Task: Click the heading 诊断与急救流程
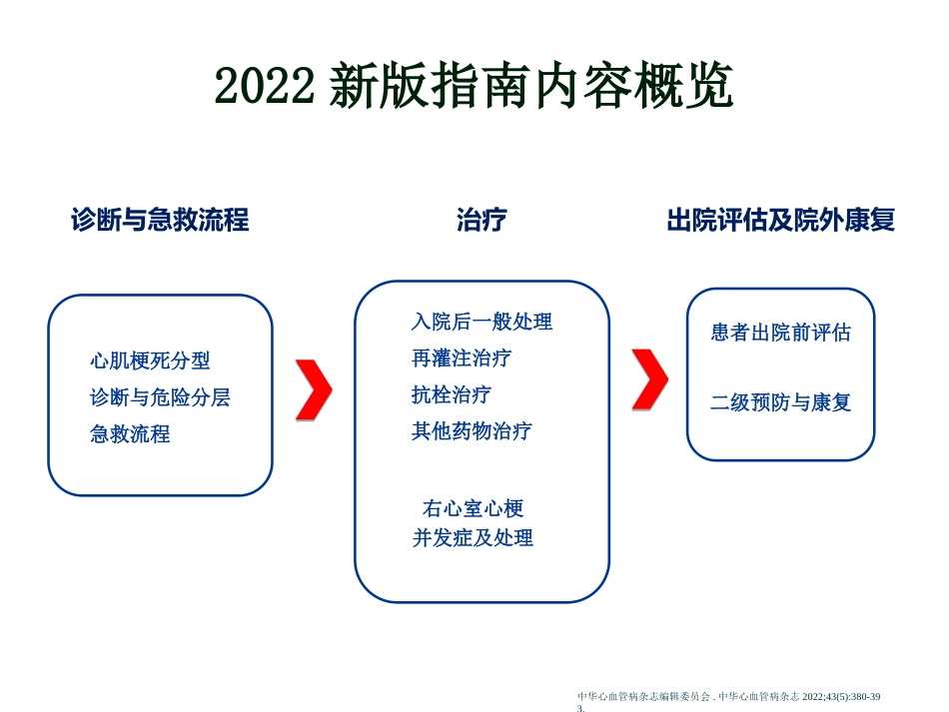[160, 220]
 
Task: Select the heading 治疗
[481, 220]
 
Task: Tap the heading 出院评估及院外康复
[780, 220]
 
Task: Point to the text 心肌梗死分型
[150, 360]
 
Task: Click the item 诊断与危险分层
[160, 397]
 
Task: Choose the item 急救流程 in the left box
[130, 434]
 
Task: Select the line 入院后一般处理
[481, 322]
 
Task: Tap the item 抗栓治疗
[452, 394]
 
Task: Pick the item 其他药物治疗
[472, 431]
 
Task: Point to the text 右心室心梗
[473, 508]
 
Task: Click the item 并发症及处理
[473, 538]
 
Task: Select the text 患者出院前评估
[780, 333]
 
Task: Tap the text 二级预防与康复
[780, 403]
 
